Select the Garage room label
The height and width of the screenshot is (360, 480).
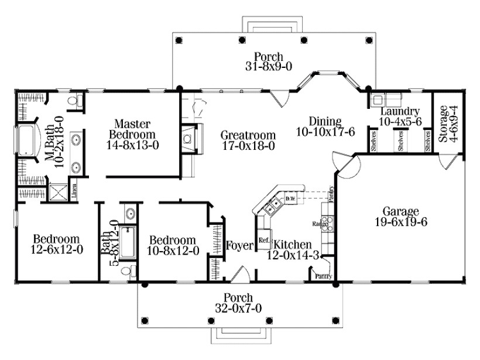400,211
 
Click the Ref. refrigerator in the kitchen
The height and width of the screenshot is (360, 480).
263,241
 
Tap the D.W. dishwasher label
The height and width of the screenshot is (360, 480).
290,199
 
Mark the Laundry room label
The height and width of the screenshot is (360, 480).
399,111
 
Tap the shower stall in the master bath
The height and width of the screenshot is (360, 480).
57,193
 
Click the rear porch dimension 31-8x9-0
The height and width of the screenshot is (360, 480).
265,67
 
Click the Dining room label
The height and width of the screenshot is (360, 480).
321,122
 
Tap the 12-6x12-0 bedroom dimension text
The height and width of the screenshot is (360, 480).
56,250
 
